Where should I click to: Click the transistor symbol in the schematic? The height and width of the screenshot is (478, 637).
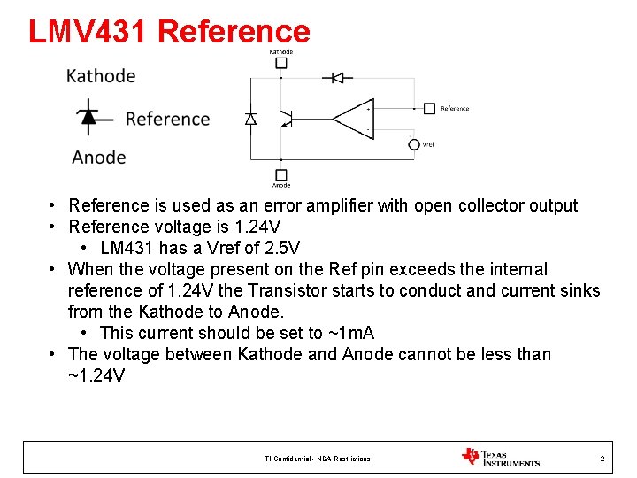click(x=285, y=118)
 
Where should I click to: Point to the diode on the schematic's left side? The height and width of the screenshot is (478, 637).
click(x=250, y=119)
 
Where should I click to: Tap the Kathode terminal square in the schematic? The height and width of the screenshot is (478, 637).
click(x=281, y=63)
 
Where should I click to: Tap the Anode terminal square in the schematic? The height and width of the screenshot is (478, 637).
click(x=281, y=174)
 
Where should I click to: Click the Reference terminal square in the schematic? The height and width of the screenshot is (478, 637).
click(x=429, y=109)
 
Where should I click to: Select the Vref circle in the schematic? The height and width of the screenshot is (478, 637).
click(x=413, y=143)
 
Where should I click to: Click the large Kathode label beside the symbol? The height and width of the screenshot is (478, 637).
click(x=101, y=76)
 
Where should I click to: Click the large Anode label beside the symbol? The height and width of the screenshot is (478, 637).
click(x=99, y=158)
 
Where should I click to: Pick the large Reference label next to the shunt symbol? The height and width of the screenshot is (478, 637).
click(x=167, y=119)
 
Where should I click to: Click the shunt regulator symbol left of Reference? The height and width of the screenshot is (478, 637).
click(x=88, y=117)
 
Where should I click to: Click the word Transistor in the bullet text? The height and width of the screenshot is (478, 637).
click(x=285, y=290)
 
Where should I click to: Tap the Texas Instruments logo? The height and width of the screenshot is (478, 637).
click(x=501, y=457)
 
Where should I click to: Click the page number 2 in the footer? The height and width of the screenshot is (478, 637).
click(x=602, y=459)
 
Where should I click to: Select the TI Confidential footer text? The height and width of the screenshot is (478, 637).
click(x=318, y=459)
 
